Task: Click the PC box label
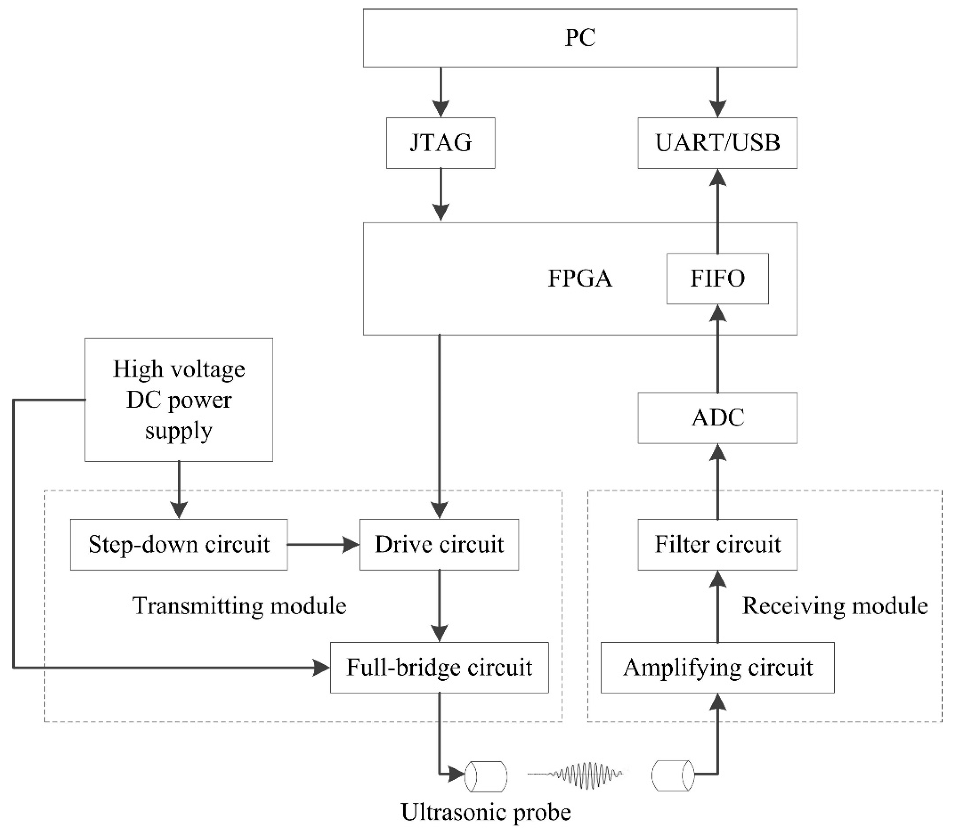click(x=580, y=38)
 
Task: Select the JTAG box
click(x=441, y=143)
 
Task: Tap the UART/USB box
click(x=717, y=143)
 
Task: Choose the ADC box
click(x=717, y=418)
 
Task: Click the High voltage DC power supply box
click(x=179, y=400)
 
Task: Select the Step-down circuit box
click(x=179, y=544)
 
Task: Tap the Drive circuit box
click(x=439, y=544)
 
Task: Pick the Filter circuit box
click(x=717, y=544)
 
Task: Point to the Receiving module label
click(x=835, y=606)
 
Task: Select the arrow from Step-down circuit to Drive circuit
click(x=323, y=544)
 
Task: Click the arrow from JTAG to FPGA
click(x=441, y=195)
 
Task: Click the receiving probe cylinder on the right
click(x=672, y=776)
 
